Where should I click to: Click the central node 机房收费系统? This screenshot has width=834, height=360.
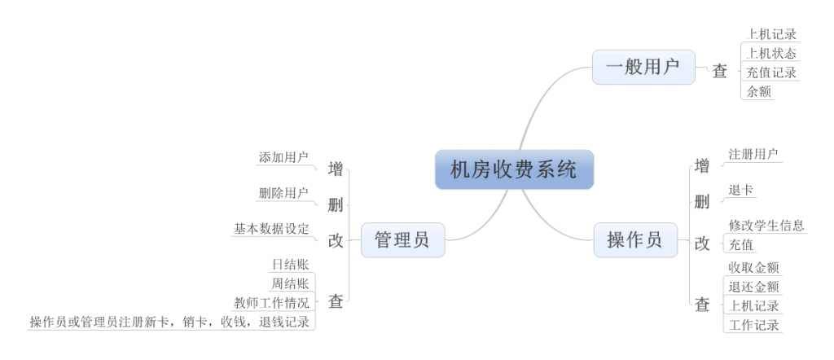pos(514,169)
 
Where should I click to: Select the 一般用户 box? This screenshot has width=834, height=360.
pos(643,67)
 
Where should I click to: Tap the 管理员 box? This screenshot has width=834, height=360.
pos(402,239)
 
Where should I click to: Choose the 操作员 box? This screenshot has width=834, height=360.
pos(634,239)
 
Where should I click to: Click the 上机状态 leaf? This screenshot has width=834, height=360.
pos(770,54)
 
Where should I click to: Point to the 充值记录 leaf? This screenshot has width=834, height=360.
pos(770,72)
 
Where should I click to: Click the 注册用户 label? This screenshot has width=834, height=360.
pos(753,153)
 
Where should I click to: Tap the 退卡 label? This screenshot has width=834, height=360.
pos(741,190)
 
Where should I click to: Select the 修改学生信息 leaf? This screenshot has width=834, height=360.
pos(766,226)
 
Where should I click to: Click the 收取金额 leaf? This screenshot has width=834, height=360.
pos(753,267)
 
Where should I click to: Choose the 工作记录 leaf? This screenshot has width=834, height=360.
pos(753,325)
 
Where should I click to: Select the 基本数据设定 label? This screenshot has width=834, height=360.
pos(271,229)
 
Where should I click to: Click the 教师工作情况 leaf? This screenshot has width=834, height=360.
pos(271,303)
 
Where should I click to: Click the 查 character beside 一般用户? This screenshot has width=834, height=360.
pos(720,72)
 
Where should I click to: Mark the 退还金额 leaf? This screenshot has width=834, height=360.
pos(753,287)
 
